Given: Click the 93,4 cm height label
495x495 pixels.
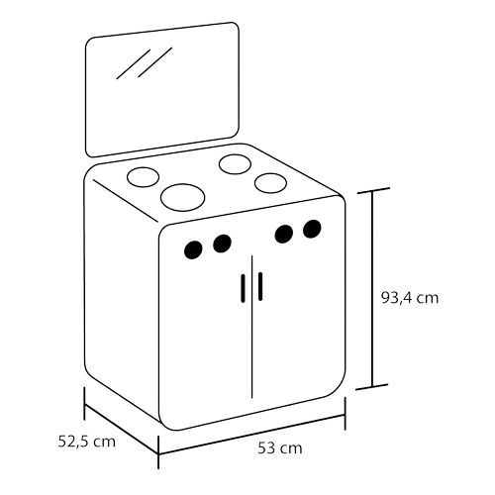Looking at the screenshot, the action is click(x=410, y=298).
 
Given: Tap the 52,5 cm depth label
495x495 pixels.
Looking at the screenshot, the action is click(x=87, y=442).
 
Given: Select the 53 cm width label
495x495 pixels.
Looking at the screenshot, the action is click(x=280, y=448).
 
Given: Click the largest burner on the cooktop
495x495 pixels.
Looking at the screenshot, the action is click(x=182, y=197).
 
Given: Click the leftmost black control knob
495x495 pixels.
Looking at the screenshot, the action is click(x=193, y=249).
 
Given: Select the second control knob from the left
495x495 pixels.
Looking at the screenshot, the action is click(x=222, y=244).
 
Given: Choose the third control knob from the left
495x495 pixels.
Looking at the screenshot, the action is click(x=284, y=235).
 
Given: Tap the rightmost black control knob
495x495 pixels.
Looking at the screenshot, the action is click(x=312, y=229).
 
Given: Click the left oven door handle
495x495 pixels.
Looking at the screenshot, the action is click(x=244, y=288).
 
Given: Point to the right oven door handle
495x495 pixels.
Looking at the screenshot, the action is click(x=260, y=286).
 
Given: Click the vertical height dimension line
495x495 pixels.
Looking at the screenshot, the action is click(x=372, y=289).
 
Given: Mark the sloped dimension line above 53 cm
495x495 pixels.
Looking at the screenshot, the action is click(x=251, y=435).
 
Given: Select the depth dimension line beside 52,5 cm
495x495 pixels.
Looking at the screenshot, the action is click(x=122, y=429).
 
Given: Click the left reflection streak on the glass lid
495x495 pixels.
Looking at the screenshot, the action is click(x=134, y=64).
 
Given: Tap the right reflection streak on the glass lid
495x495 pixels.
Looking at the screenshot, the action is click(x=155, y=62).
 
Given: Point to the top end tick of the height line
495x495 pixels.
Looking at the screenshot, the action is click(x=374, y=190).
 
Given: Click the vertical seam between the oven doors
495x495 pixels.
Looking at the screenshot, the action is click(x=251, y=327).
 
